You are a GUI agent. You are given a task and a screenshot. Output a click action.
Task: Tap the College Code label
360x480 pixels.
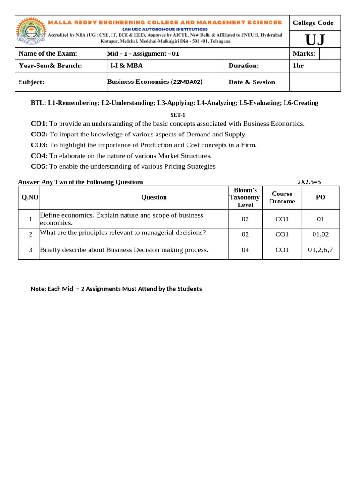pyautogui.click(x=313, y=22)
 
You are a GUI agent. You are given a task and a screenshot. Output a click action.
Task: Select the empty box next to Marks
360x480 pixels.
pyautogui.click(x=330, y=53)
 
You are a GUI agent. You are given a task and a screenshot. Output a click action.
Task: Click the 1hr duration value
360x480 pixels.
pyautogui.click(x=298, y=66)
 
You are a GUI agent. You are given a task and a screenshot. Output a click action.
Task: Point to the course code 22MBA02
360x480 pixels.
pyautogui.click(x=187, y=82)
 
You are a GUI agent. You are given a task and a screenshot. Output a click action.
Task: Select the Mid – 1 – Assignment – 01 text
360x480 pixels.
pyautogui.click(x=143, y=54)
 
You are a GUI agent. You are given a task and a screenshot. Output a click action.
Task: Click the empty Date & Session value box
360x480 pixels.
pyautogui.click(x=315, y=82)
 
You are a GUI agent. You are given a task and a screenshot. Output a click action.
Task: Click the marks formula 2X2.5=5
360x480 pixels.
pyautogui.click(x=309, y=182)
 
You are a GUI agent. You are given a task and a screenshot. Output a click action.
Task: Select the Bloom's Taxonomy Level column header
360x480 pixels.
pyautogui.click(x=245, y=197)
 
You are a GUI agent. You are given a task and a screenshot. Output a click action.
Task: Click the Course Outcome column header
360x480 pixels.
pyautogui.click(x=282, y=197)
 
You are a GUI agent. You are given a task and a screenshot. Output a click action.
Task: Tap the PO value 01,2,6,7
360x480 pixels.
pyautogui.click(x=320, y=250)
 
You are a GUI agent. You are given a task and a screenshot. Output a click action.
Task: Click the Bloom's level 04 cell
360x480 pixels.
pyautogui.click(x=245, y=250)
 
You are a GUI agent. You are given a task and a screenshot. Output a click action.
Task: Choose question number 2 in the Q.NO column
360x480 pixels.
pyautogui.click(x=30, y=234)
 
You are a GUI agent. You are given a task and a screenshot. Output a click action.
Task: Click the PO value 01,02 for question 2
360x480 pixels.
pyautogui.click(x=320, y=234)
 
